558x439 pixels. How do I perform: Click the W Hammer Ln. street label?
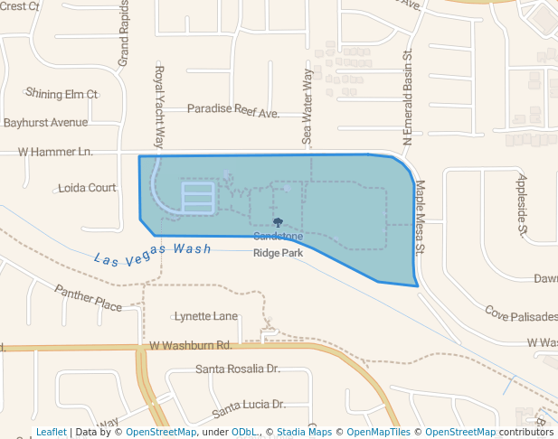coord(55,153)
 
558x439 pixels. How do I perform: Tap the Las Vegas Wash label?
coord(152,253)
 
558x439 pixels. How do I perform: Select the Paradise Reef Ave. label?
coord(233,109)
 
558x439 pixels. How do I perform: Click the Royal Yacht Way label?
coord(159,107)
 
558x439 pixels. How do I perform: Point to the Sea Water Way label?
coord(307,107)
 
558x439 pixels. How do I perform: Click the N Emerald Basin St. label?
coord(408,98)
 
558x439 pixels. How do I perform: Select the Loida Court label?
coord(87,188)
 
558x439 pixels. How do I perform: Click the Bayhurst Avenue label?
coord(44,122)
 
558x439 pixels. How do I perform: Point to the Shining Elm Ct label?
coord(61,93)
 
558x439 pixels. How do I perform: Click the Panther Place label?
coord(88,298)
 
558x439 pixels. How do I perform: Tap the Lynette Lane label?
coord(206,316)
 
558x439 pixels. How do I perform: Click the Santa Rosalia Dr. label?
coord(238,369)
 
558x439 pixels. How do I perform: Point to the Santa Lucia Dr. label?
coord(249,407)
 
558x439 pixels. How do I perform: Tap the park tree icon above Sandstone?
coord(278,221)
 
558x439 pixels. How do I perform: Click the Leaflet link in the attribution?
coord(51,432)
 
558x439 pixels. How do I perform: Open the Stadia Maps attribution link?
coord(304,432)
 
